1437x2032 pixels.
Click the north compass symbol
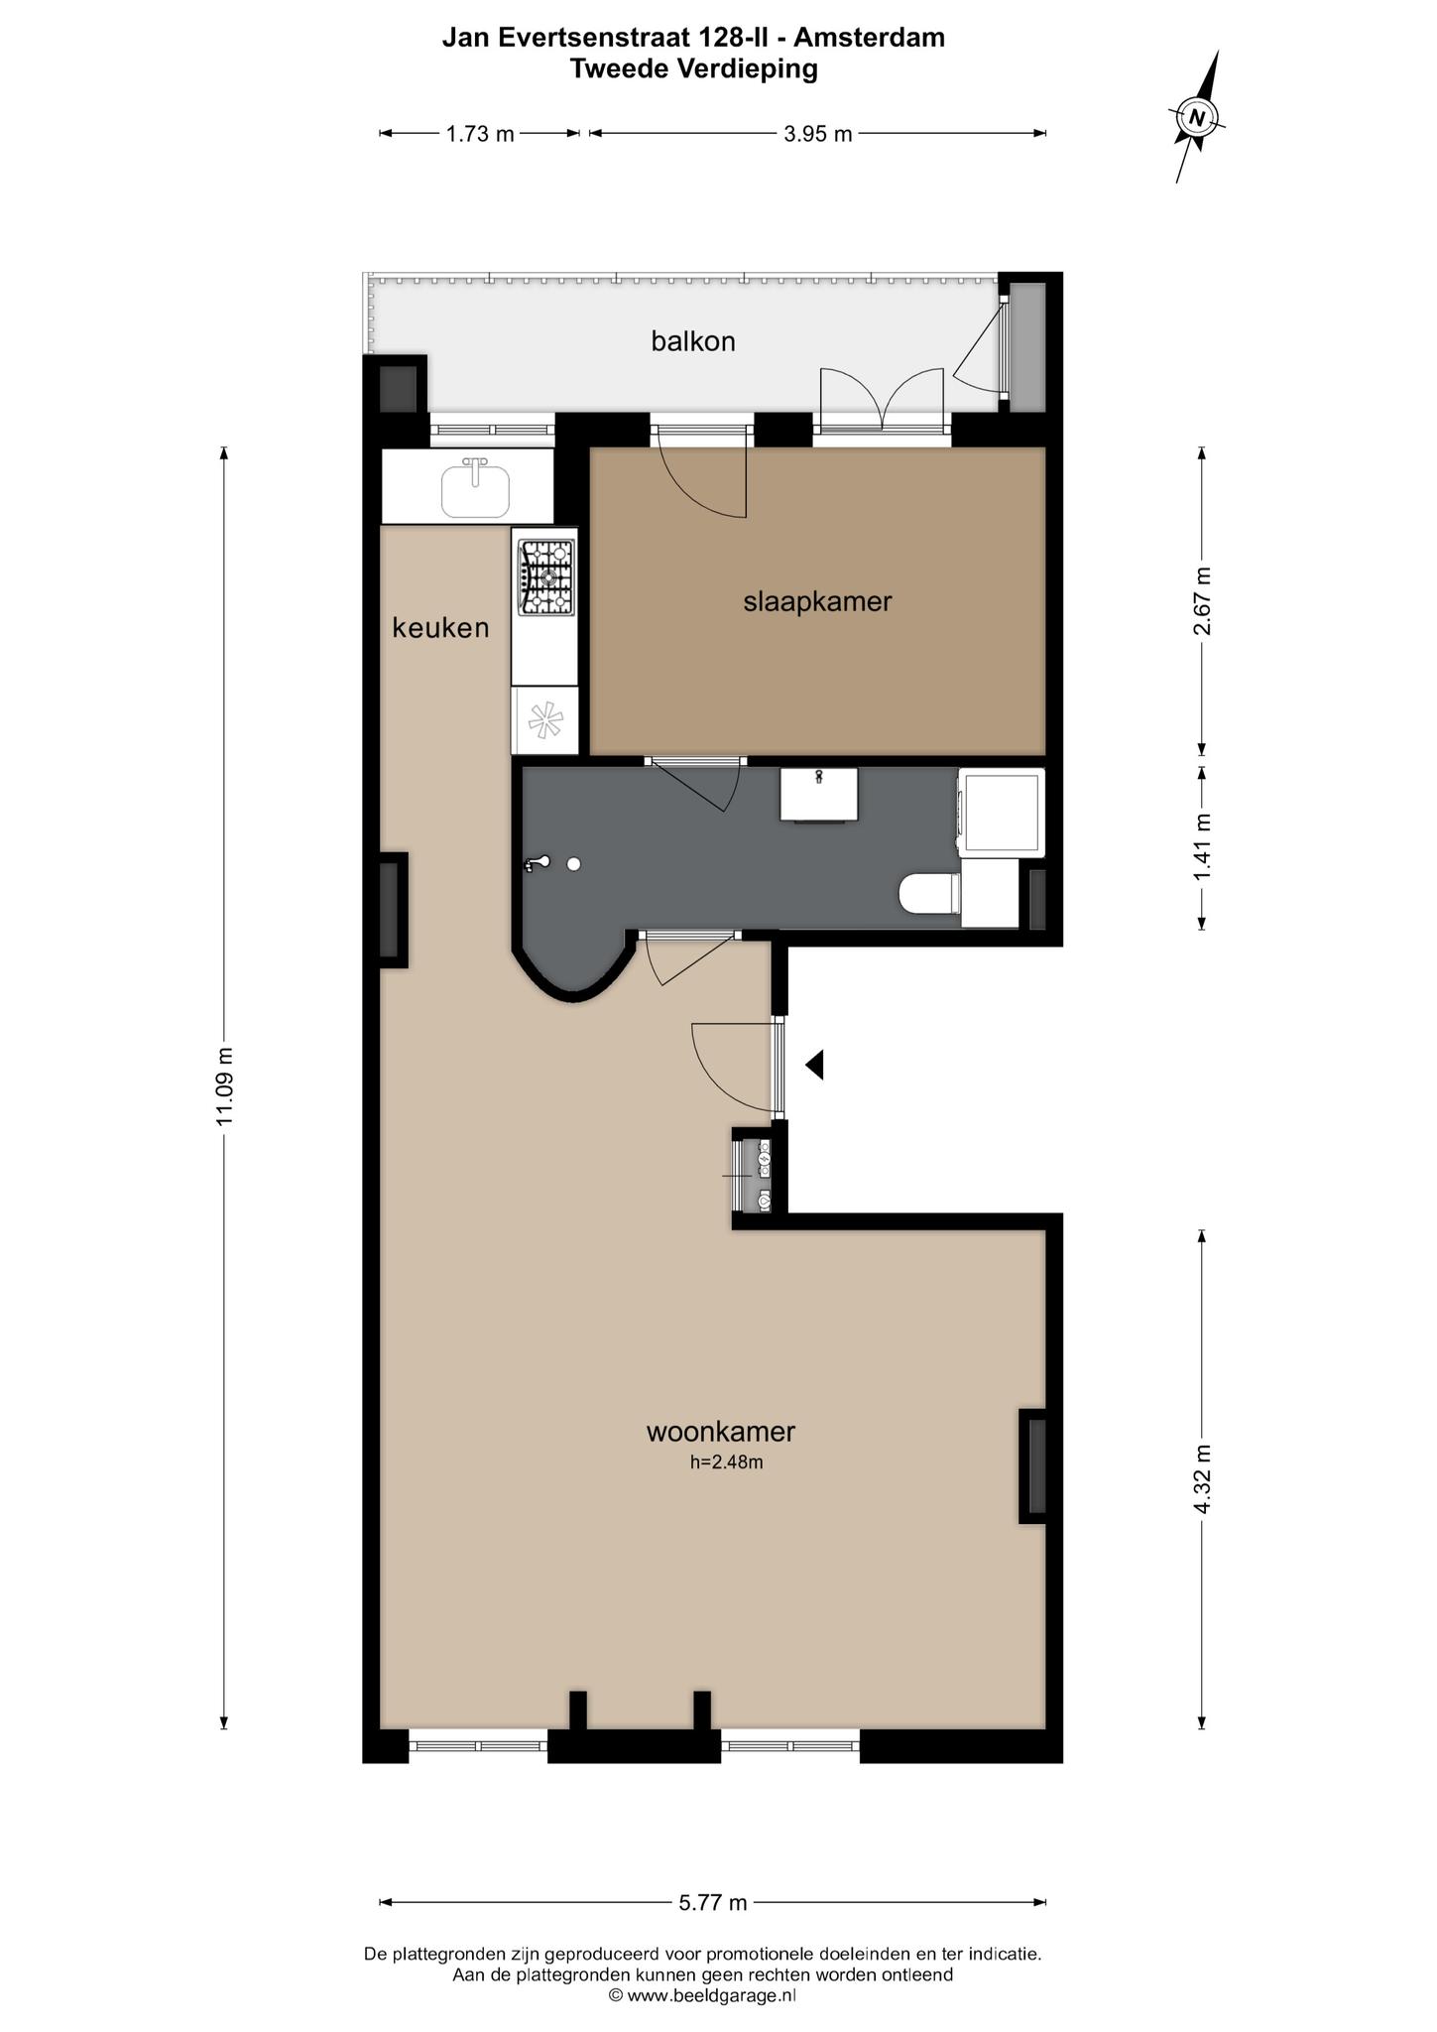(x=1198, y=117)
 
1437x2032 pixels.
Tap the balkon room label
(x=693, y=341)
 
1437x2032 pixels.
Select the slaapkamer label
(x=817, y=601)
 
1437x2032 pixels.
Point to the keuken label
(x=440, y=627)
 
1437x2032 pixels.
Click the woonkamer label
(x=721, y=1431)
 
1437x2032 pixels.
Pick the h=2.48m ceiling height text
(x=727, y=1461)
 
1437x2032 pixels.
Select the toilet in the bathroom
(x=929, y=893)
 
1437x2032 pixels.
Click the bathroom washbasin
(x=819, y=794)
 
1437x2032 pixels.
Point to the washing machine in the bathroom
(x=1001, y=813)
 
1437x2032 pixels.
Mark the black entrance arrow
(x=814, y=1065)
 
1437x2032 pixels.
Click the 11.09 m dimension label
(x=224, y=1086)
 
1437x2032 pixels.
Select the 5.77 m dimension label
(x=713, y=1902)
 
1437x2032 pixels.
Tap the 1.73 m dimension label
(x=480, y=134)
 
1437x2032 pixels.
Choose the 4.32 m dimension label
(x=1203, y=1478)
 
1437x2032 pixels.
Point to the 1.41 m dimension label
(x=1203, y=846)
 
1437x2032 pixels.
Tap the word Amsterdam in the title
(x=869, y=38)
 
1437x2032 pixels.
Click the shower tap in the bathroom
(x=537, y=864)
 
